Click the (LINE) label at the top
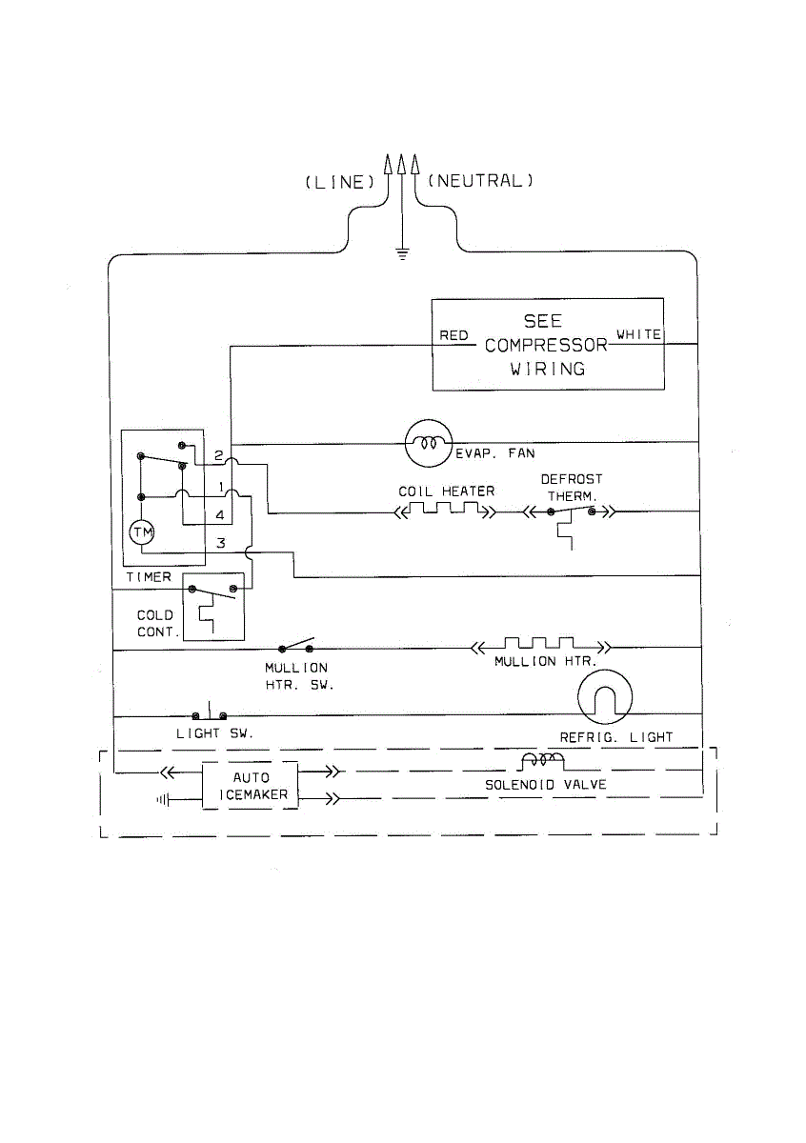pyautogui.click(x=340, y=182)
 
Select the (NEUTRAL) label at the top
pyautogui.click(x=480, y=181)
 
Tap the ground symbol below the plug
pyautogui.click(x=402, y=253)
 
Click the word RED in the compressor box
pyautogui.click(x=453, y=335)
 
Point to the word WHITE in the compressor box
pyautogui.click(x=638, y=334)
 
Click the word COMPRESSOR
pyautogui.click(x=546, y=346)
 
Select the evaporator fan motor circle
pyautogui.click(x=429, y=444)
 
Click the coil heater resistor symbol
pyautogui.click(x=445, y=510)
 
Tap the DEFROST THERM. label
pyautogui.click(x=572, y=488)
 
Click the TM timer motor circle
pyautogui.click(x=142, y=532)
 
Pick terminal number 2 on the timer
pyautogui.click(x=218, y=455)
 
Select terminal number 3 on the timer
pyautogui.click(x=220, y=543)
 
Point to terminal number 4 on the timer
pyautogui.click(x=220, y=515)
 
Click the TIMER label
pyautogui.click(x=149, y=577)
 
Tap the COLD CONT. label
pyautogui.click(x=158, y=624)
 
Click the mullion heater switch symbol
pyautogui.click(x=296, y=645)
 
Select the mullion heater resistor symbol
pyautogui.click(x=540, y=646)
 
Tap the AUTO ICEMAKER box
pyautogui.click(x=251, y=786)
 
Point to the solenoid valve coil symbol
pyautogui.click(x=543, y=761)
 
